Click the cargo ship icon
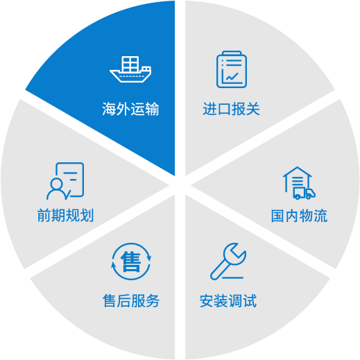(130, 69)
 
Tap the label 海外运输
(130, 109)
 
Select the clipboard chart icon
(232, 69)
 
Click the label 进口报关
(231, 109)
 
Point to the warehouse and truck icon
(299, 183)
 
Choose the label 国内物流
(299, 216)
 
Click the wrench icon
(228, 262)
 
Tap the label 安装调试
(228, 301)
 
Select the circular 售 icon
(131, 262)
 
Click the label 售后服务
(131, 301)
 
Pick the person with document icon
(65, 181)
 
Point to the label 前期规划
(65, 215)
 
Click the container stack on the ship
(130, 64)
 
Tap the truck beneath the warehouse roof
(305, 194)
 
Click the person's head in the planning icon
(57, 184)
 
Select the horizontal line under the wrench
(232, 277)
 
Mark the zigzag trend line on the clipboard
(232, 76)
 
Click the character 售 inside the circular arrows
(131, 262)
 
